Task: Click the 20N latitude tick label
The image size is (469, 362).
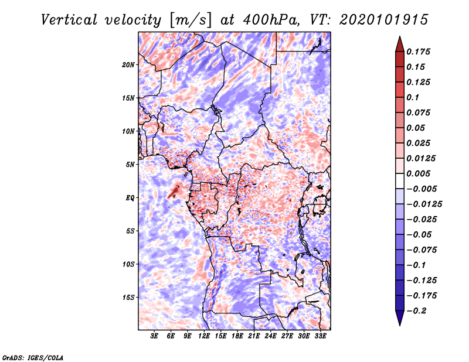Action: coord(128,65)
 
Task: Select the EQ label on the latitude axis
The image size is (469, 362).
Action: coord(130,198)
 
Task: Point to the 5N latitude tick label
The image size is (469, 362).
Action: coord(130,165)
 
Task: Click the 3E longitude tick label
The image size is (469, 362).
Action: coord(154,336)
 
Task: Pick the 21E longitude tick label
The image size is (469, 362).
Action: coord(254,336)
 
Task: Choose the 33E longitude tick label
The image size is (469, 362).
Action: coord(320,336)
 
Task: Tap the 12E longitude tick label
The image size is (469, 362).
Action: coord(203,336)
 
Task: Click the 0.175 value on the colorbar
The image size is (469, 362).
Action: coord(418,52)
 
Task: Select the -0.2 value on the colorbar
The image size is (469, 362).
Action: coord(416,311)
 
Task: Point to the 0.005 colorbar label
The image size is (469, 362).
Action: coord(418,173)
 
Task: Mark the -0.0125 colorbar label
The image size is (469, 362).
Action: coord(424,204)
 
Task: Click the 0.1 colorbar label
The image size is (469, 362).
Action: coord(413,97)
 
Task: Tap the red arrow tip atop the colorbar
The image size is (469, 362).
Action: coord(400,37)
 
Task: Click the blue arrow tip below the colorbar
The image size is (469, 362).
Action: coord(400,325)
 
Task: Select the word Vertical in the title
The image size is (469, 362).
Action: coord(69,20)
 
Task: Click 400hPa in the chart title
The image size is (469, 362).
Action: coord(270,20)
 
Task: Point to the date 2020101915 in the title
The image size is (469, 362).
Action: coord(384,20)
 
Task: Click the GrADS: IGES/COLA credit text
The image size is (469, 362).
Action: coord(33,358)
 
